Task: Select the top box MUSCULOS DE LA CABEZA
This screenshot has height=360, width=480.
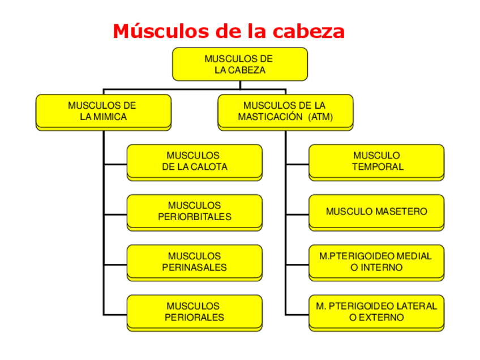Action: [x=239, y=64]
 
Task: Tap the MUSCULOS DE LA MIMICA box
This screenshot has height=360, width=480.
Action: [x=103, y=111]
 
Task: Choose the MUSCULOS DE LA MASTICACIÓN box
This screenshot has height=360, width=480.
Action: [x=285, y=111]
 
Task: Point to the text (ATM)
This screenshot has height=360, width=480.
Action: [x=321, y=117]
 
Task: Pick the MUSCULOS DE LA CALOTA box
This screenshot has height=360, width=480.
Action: [x=194, y=161]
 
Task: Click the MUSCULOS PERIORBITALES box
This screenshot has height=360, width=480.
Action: [x=194, y=211]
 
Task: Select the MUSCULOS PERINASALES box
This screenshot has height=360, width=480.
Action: [x=194, y=262]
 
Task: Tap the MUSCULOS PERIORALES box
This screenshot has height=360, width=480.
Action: [x=194, y=312]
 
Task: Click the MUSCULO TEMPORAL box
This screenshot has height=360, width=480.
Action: [x=376, y=161]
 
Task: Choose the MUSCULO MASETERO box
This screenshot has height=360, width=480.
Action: [x=376, y=211]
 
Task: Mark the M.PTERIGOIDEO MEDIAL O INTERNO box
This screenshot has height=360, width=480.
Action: [x=376, y=262]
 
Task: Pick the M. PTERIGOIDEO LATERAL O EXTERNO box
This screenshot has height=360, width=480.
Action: [x=376, y=312]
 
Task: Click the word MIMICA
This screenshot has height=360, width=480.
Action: [x=110, y=117]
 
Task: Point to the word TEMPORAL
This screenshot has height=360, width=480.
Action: [x=377, y=167]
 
